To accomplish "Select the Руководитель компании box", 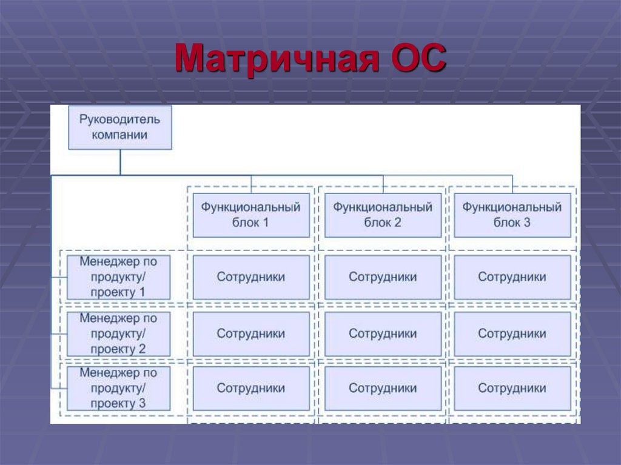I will [x=119, y=127].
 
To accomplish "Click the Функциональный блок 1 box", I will [x=250, y=215].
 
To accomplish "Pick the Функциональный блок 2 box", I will [x=383, y=215].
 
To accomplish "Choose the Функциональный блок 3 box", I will [x=512, y=215].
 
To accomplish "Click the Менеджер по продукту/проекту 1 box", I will [x=119, y=277].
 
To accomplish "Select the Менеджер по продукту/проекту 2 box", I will [x=119, y=333].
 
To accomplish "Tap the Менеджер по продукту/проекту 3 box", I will [x=119, y=388].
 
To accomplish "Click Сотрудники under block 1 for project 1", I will [x=250, y=277].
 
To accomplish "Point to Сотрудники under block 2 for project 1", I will [x=383, y=277].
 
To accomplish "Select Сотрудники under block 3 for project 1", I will [x=512, y=277].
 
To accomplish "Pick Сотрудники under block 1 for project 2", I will [x=250, y=333].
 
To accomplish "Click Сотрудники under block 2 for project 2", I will [x=383, y=333].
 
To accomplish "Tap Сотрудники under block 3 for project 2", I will [x=512, y=333].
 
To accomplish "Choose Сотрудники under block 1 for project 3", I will [x=250, y=388].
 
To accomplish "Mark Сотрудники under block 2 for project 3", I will [x=383, y=388].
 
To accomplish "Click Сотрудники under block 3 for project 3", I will [x=512, y=388].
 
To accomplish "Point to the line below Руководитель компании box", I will [x=120, y=162].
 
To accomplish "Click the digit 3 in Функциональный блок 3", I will [x=527, y=222].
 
